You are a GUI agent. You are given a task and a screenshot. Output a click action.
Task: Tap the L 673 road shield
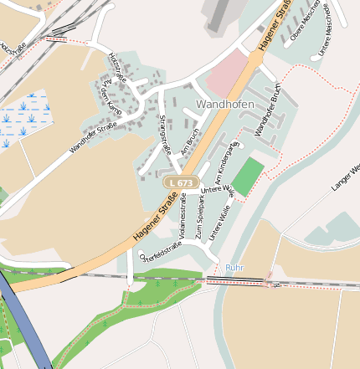[180, 182]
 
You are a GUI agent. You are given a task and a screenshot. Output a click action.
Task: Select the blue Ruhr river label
[235, 268]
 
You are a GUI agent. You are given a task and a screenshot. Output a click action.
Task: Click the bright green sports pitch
[247, 177]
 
